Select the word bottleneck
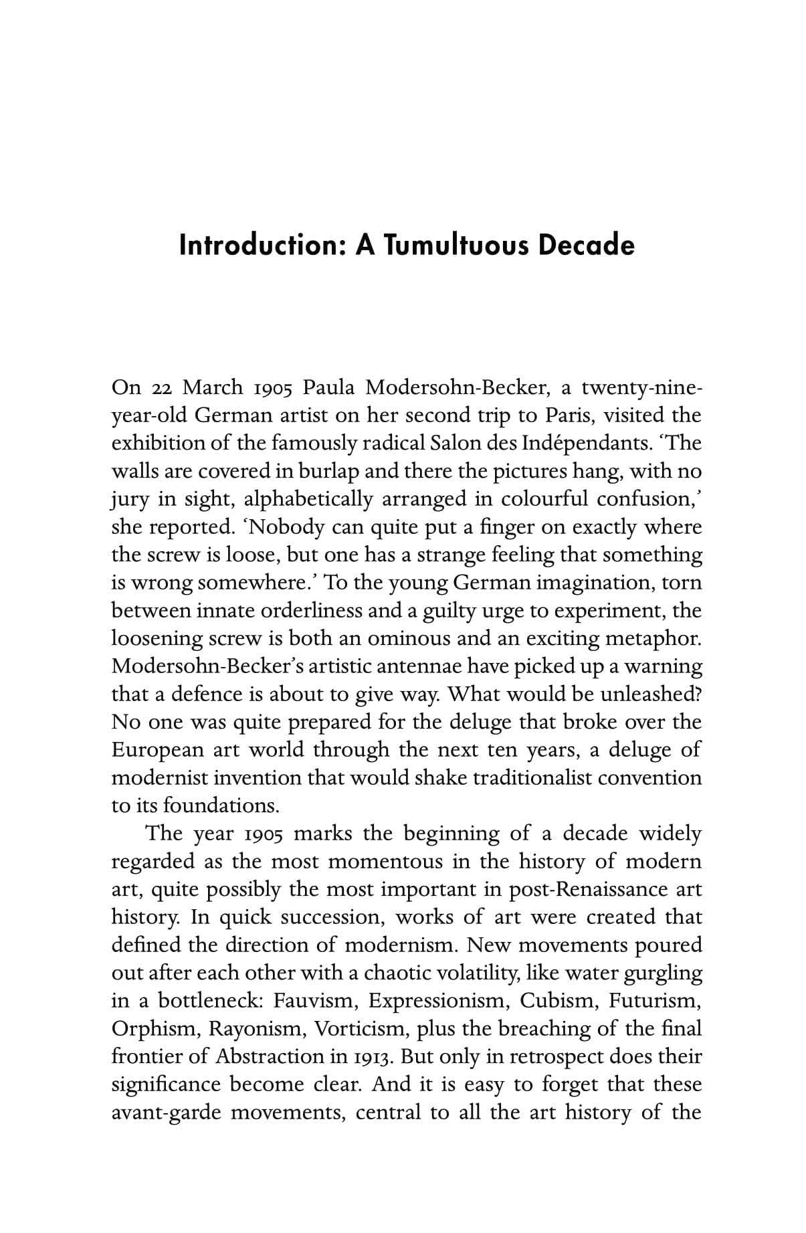point(210,1001)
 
